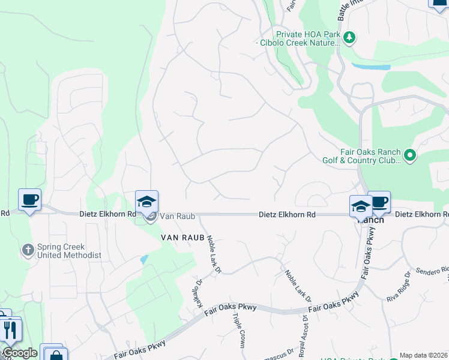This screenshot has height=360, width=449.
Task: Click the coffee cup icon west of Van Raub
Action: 29,200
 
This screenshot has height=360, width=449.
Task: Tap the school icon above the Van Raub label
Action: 146,202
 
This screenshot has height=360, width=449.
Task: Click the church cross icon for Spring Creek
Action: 28,250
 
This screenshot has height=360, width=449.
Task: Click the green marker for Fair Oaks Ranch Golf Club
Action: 410,156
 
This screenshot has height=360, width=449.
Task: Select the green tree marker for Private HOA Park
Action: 350,38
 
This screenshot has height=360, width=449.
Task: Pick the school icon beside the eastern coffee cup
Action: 361,206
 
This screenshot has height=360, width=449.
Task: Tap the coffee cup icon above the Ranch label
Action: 379,202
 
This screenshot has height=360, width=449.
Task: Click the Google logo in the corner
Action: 19,353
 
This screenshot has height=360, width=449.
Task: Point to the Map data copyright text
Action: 423,356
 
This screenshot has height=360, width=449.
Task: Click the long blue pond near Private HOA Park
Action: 371,66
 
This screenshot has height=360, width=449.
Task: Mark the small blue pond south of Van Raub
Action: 143,260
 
